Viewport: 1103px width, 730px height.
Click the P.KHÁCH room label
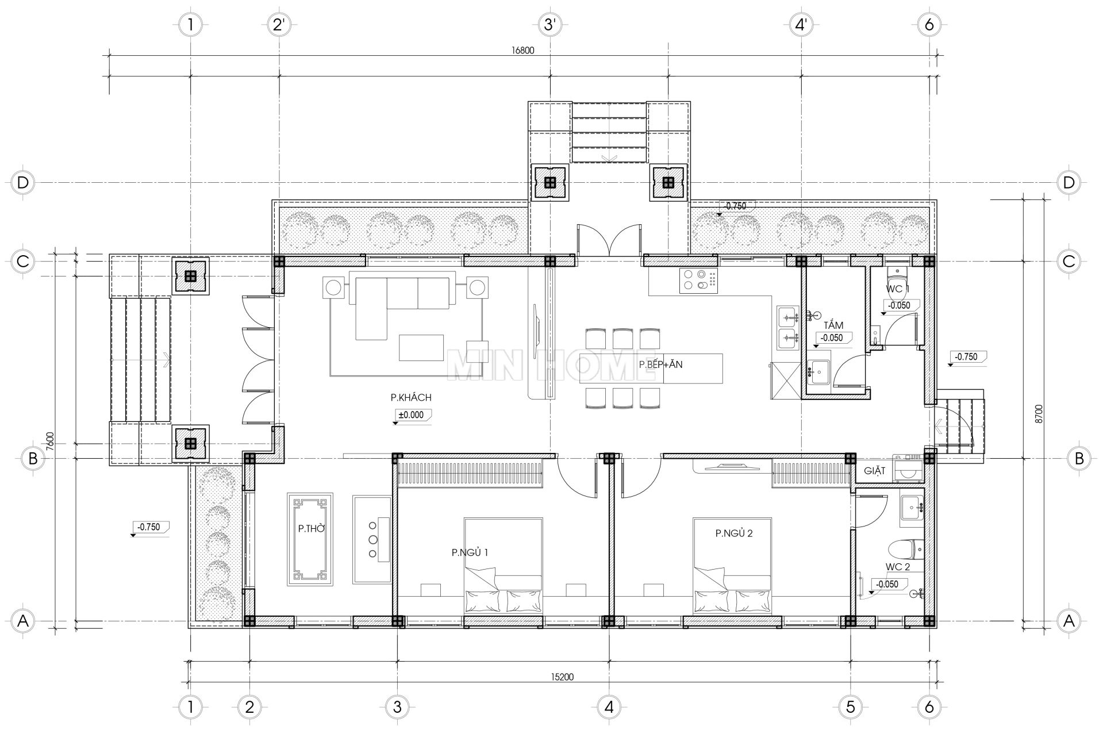pyautogui.click(x=410, y=397)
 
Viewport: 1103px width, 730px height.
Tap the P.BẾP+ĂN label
pyautogui.click(x=660, y=364)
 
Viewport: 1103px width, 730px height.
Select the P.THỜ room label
pyautogui.click(x=311, y=528)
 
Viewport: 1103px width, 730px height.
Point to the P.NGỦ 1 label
pyautogui.click(x=470, y=552)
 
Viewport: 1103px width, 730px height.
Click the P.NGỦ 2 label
pyautogui.click(x=734, y=533)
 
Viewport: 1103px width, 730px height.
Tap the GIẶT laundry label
pyautogui.click(x=874, y=471)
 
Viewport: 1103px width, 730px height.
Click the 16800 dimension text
pyautogui.click(x=523, y=50)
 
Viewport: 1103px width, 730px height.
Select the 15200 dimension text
pyautogui.click(x=562, y=677)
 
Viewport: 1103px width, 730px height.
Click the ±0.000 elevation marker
pyautogui.click(x=411, y=414)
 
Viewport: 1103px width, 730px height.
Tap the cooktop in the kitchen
pyautogui.click(x=698, y=281)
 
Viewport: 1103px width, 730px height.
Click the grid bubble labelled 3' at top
pyautogui.click(x=549, y=25)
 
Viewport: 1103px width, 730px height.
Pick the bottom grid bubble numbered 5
pyautogui.click(x=850, y=706)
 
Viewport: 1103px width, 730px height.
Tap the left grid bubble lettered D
pyautogui.click(x=22, y=183)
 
